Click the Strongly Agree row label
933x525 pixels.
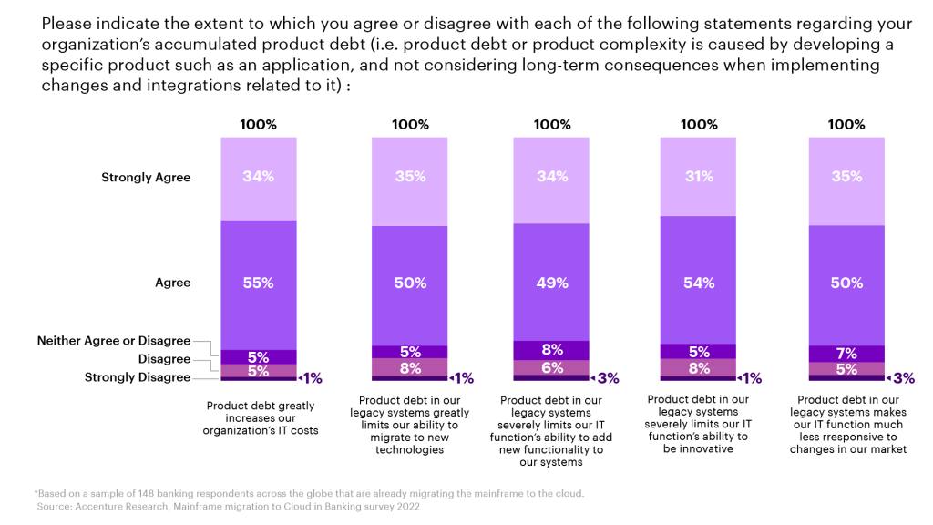146,178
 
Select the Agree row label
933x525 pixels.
172,283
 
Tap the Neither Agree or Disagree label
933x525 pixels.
114,341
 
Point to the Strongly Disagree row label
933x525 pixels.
138,377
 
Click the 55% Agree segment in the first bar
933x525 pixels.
258,283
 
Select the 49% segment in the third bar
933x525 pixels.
551,283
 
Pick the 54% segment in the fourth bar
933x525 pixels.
699,283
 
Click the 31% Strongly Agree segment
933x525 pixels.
699,177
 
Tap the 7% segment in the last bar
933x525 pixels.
846,353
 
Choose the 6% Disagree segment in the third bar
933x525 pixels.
551,366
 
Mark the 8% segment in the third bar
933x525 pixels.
551,349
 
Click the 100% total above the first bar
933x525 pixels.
258,125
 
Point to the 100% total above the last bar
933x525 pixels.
846,125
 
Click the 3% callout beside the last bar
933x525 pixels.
902,377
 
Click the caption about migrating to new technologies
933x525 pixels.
410,425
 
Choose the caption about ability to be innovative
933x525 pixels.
698,424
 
